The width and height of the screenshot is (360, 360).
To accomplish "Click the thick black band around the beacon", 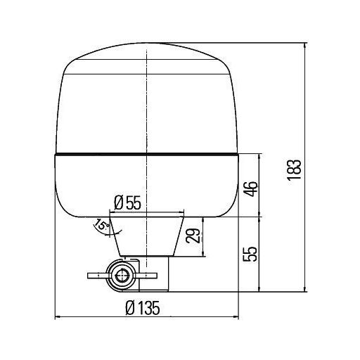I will [148, 153].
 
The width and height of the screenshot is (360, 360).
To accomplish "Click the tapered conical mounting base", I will [148, 236].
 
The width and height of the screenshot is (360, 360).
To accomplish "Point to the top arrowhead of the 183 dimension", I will [305, 46].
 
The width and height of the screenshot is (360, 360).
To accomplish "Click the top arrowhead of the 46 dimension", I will [262, 157].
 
